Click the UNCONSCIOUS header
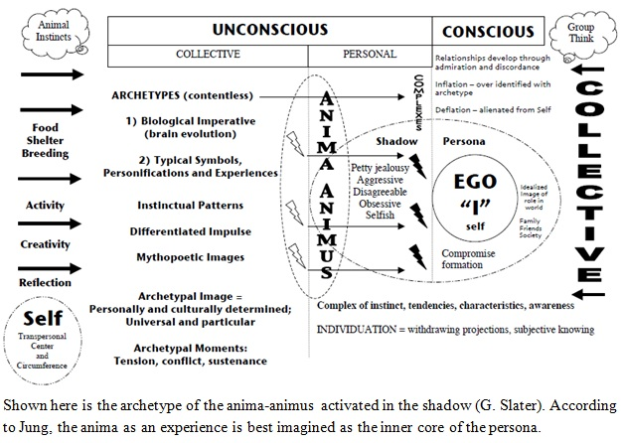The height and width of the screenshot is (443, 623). [270, 30]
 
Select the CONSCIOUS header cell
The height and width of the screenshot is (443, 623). [488, 31]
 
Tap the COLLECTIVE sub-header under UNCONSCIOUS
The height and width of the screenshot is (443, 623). [208, 54]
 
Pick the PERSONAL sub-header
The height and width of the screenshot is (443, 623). [370, 54]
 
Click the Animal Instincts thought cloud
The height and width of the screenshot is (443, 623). [55, 31]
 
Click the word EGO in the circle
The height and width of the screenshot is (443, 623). [475, 182]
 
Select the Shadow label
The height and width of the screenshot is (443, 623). [396, 141]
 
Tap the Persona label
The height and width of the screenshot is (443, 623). [464, 141]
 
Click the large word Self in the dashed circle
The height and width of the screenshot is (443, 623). [43, 318]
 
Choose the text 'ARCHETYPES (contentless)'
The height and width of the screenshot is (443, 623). [182, 95]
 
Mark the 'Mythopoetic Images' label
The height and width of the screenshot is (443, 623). [191, 257]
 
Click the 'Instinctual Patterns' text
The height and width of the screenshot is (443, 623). [191, 205]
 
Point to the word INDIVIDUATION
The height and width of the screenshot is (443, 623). [357, 330]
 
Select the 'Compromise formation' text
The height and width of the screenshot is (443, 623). [468, 259]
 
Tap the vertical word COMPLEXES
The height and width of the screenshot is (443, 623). [418, 102]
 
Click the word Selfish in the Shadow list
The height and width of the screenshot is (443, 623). [380, 215]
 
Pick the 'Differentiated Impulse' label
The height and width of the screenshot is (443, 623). [191, 231]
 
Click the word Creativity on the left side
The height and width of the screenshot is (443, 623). [45, 244]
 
